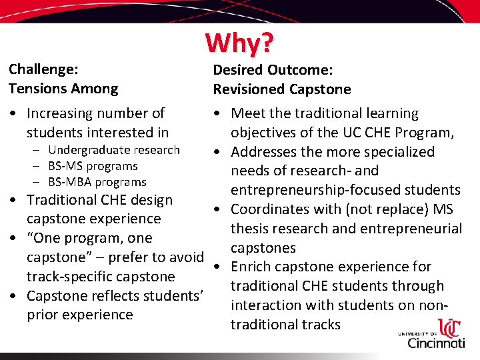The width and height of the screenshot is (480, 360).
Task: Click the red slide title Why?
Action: [239, 43]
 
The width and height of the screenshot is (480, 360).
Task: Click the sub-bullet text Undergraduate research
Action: [114, 150]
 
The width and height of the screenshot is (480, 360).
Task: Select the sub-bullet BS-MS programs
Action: [93, 166]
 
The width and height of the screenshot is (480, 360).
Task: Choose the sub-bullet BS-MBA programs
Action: [97, 182]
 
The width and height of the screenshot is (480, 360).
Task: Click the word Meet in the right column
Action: [247, 113]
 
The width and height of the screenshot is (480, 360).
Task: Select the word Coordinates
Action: [273, 209]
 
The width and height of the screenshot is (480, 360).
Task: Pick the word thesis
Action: [249, 229]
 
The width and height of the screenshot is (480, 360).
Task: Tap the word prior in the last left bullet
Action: [42, 315]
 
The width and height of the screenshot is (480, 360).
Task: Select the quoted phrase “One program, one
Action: [89, 238]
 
